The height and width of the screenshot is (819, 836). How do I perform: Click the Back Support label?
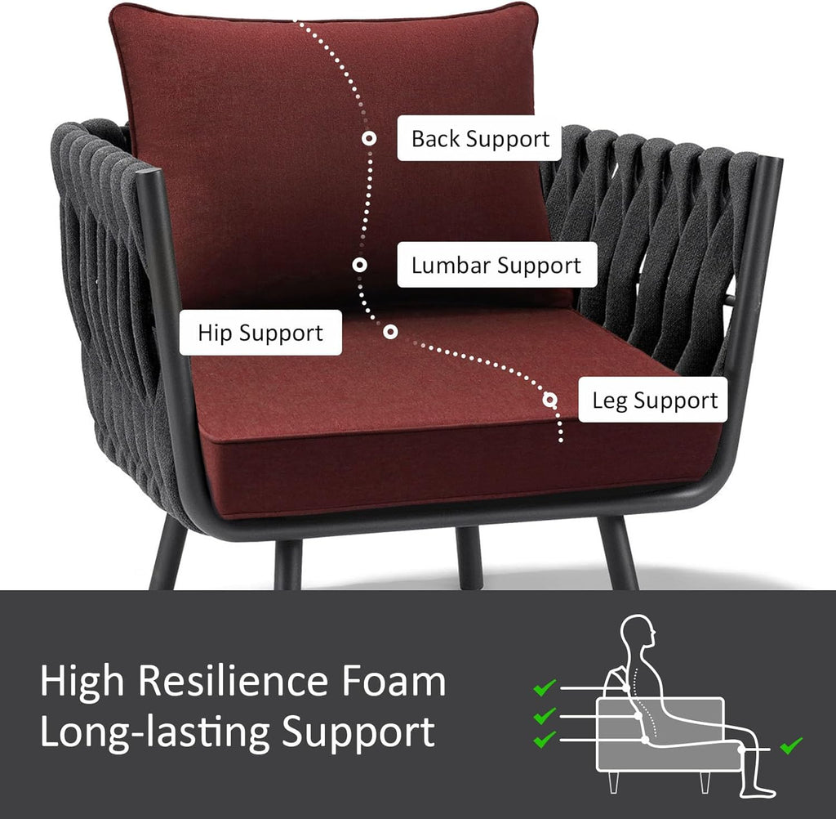(479, 138)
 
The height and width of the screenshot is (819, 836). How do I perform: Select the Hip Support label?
(260, 333)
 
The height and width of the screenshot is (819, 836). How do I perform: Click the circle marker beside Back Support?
(369, 138)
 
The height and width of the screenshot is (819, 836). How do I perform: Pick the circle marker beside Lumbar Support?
(360, 265)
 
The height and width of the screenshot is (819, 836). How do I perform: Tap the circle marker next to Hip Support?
(390, 332)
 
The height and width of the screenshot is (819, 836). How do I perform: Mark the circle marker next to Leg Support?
(550, 400)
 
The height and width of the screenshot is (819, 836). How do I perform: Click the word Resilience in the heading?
(233, 681)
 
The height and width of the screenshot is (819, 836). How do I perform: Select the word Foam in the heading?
(394, 681)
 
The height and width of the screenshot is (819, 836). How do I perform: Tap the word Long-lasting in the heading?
(154, 732)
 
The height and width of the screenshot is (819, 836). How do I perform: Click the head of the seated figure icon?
(638, 631)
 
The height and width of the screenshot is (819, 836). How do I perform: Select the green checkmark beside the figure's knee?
(791, 745)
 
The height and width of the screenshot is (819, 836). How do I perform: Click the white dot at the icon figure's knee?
(741, 749)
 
